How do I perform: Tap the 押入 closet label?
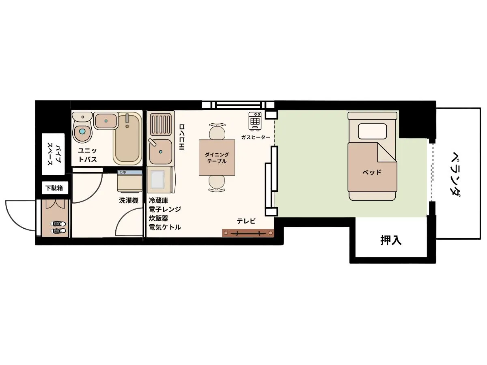(391, 240)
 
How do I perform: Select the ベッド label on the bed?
(372, 172)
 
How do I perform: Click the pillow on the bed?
(372, 131)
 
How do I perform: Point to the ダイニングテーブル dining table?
(217, 157)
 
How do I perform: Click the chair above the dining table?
(217, 131)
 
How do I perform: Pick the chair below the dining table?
(217, 183)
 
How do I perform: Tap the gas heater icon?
(255, 121)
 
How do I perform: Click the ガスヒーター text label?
(256, 137)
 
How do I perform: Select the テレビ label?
(246, 221)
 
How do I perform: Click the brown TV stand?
(248, 233)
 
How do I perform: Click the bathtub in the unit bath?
(127, 138)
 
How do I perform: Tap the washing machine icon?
(130, 181)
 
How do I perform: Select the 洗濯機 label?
(129, 201)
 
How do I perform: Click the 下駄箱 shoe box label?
(54, 188)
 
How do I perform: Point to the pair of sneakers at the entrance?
(58, 228)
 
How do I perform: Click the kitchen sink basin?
(160, 152)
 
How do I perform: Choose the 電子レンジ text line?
(165, 209)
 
